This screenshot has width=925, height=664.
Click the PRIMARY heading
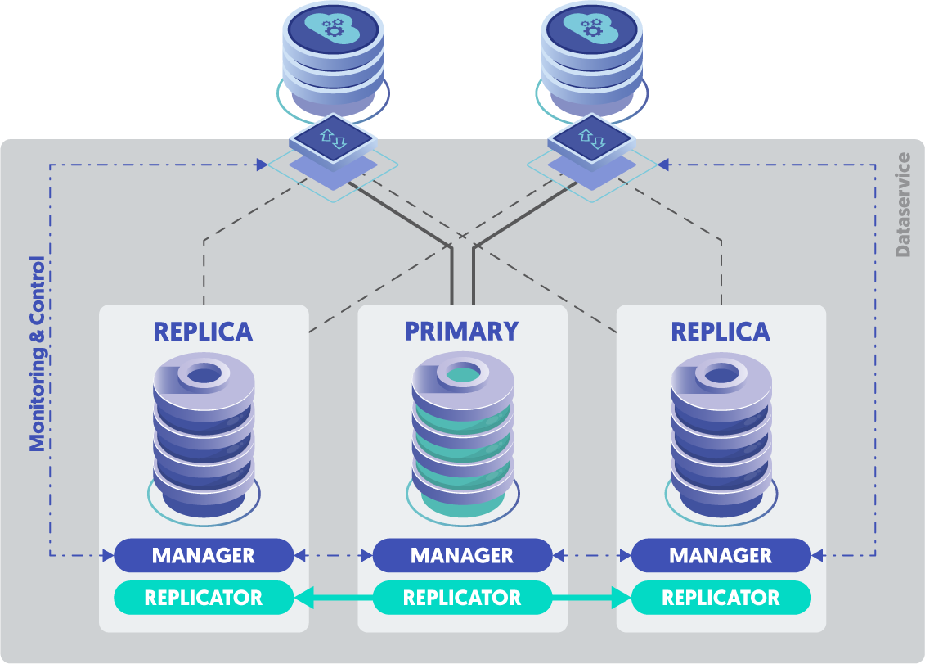click(462, 332)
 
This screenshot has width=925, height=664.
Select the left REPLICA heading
click(204, 332)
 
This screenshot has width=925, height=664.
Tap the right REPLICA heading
click(721, 332)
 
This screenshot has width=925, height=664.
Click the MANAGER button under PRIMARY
click(462, 555)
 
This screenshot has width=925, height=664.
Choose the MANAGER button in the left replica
click(204, 555)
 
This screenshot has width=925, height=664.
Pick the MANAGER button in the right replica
click(721, 555)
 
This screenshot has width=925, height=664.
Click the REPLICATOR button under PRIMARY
click(462, 598)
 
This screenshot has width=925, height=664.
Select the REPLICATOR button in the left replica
click(204, 598)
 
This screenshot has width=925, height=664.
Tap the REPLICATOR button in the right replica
click(721, 598)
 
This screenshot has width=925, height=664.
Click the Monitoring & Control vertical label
click(38, 355)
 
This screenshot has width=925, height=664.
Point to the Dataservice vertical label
click(903, 205)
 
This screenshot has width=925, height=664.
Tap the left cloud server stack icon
click(332, 57)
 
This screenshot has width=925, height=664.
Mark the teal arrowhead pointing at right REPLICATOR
click(622, 599)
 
